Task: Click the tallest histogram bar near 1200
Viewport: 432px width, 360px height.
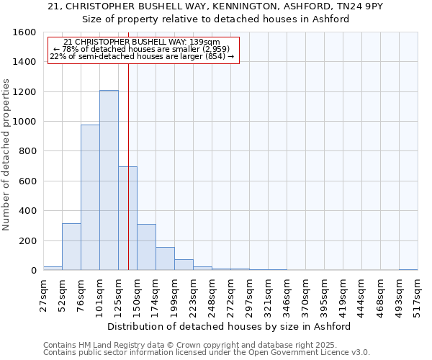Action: pyautogui.click(x=109, y=180)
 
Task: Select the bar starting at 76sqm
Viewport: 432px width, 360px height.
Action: pyautogui.click(x=90, y=197)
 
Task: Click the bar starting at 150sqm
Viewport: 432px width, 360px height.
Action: pyautogui.click(x=146, y=247)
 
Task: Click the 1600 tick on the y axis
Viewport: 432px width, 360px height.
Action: pyautogui.click(x=24, y=32)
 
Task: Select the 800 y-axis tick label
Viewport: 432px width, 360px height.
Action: pyautogui.click(x=27, y=151)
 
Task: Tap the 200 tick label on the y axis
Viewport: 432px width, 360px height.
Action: pyautogui.click(x=27, y=240)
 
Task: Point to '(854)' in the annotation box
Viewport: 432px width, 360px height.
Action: pyautogui.click(x=212, y=56)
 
